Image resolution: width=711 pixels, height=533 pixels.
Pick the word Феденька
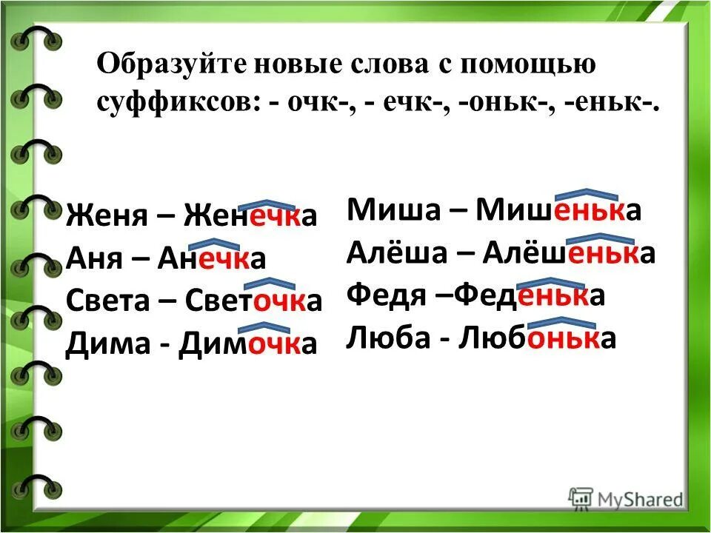click(531, 295)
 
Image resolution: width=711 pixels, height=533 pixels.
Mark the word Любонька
click(538, 338)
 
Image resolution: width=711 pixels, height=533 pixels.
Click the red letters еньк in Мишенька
click(587, 212)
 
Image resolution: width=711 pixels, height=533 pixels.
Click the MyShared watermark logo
click(626, 497)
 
